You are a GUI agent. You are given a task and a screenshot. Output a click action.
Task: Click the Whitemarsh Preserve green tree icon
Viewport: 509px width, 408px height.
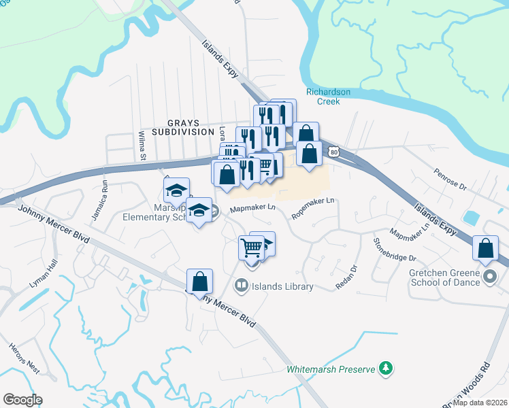386,369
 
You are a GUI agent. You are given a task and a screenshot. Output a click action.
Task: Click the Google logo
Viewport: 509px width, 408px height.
23,400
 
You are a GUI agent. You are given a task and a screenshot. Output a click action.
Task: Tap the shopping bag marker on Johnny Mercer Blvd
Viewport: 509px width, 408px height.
200,282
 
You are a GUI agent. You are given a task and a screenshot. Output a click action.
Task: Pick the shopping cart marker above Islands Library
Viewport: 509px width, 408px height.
252,249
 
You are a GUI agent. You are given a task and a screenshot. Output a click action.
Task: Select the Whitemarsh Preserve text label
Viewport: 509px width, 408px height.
331,369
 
